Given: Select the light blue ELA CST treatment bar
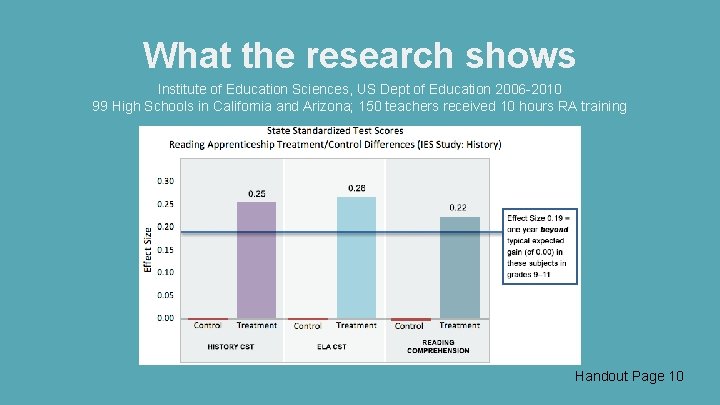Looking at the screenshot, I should click(356, 258).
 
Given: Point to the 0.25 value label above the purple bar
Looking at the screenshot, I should click(257, 193).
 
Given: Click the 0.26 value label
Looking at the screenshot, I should click(357, 188).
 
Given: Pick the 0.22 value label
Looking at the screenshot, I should click(457, 207).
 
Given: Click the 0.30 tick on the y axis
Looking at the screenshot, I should click(165, 181).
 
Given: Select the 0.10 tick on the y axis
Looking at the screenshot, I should click(165, 272).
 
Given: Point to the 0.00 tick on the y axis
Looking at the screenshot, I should click(165, 318).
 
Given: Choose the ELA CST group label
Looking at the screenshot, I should click(333, 347).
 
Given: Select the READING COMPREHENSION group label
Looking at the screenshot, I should click(437, 346).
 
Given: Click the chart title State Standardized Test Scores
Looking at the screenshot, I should click(335, 131).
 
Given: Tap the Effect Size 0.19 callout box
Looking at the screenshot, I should click(541, 247).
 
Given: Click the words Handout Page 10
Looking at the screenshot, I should click(629, 376).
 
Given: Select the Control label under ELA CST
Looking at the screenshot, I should click(307, 326).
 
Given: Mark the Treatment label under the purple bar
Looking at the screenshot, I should click(257, 326).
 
